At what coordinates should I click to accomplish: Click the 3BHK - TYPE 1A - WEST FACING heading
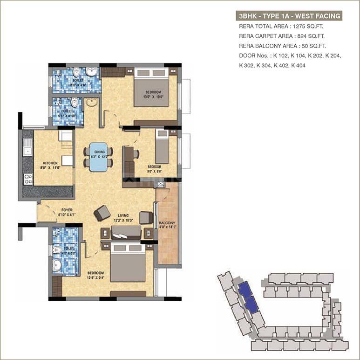tap(289, 16)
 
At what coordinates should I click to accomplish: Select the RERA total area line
tap(280, 26)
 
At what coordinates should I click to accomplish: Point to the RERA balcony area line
tap(282, 46)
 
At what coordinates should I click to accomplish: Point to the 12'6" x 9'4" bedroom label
tap(95, 275)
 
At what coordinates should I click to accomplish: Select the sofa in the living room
tap(126, 232)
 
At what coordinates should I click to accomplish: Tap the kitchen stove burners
tap(28, 179)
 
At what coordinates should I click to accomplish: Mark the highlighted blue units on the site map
tap(247, 298)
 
